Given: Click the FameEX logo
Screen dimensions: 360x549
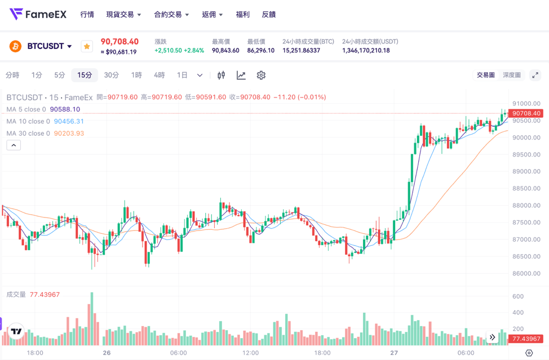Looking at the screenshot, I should point(38,14).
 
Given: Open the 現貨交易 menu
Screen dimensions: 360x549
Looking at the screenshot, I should point(123,15).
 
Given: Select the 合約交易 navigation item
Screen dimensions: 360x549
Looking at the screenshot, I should point(171,15).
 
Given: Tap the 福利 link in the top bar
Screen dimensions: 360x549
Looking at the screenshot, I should point(242,15).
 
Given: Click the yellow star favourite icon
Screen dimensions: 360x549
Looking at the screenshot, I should point(87,47).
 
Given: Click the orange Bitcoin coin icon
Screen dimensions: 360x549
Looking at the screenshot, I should point(15,46).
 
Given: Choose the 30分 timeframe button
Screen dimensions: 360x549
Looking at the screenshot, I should point(111,75).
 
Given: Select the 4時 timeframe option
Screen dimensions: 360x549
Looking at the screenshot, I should point(160,75).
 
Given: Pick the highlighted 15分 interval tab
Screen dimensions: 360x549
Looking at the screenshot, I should point(85,75).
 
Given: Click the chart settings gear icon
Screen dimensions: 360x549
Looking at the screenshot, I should point(261,75).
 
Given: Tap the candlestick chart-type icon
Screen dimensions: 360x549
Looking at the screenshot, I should point(222,75).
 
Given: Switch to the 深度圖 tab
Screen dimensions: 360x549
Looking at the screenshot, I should point(511,75).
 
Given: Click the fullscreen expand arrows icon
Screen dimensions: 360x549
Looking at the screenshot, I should point(535,75).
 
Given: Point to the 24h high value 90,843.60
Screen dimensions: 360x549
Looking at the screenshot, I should point(225,51).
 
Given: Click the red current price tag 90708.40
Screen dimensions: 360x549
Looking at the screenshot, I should point(526,113).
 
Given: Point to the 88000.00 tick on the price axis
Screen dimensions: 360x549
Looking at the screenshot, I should point(526,206).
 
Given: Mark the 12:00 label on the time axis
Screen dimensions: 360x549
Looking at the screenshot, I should point(250,353).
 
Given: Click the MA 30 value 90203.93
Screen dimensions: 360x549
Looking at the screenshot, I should point(69,134).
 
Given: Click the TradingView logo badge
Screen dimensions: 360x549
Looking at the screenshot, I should point(16,331).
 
